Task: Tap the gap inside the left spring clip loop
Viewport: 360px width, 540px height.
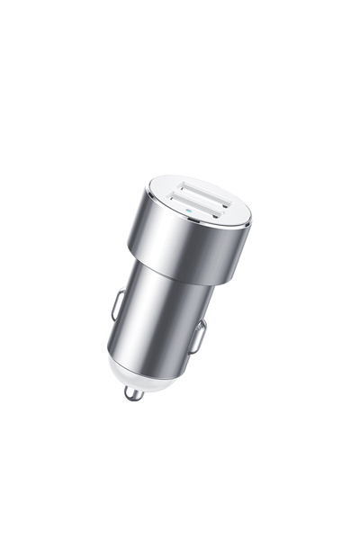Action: point(118,305)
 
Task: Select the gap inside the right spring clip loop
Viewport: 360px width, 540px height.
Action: point(200,337)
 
